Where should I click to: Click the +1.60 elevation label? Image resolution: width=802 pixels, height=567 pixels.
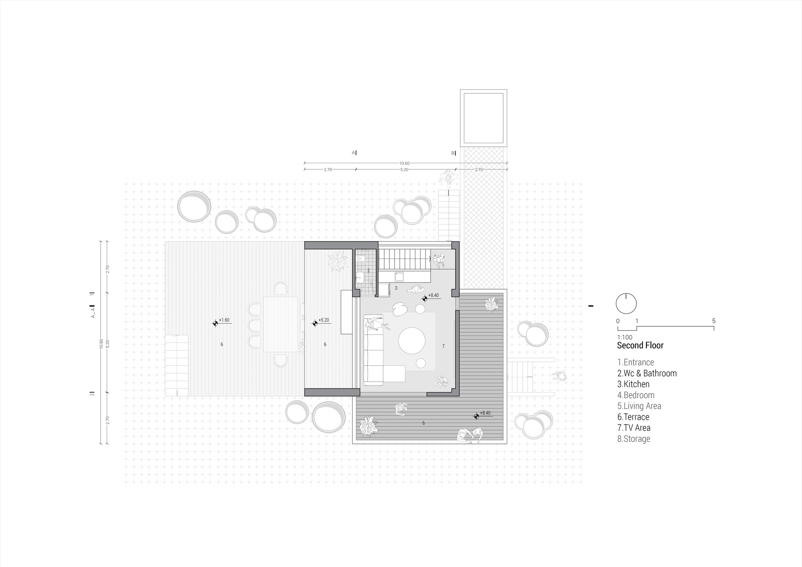pyautogui.click(x=224, y=320)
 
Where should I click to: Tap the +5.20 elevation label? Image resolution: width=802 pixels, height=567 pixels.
pyautogui.click(x=324, y=320)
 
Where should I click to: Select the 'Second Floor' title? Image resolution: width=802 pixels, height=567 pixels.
pyautogui.click(x=640, y=345)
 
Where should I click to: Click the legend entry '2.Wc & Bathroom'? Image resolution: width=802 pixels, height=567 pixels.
pyautogui.click(x=647, y=373)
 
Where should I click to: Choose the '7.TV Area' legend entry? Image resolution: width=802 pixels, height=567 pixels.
pyautogui.click(x=634, y=428)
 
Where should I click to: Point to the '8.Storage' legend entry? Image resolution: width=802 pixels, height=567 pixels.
pyautogui.click(x=634, y=439)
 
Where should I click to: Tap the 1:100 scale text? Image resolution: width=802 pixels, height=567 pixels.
pyautogui.click(x=625, y=337)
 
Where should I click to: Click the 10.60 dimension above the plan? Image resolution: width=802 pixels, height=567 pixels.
pyautogui.click(x=404, y=164)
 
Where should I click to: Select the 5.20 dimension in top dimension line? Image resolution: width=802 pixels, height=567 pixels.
pyautogui.click(x=404, y=170)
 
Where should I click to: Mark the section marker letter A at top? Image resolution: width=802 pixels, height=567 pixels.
pyautogui.click(x=353, y=153)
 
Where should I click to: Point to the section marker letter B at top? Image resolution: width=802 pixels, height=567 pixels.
pyautogui.click(x=453, y=153)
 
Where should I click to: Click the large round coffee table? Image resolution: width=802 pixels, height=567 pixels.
pyautogui.click(x=412, y=341)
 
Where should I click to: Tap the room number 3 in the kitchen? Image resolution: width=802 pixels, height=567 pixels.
pyautogui.click(x=396, y=288)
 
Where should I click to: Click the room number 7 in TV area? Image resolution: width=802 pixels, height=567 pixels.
pyautogui.click(x=443, y=346)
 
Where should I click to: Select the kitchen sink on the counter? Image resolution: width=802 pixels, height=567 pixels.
pyautogui.click(x=399, y=276)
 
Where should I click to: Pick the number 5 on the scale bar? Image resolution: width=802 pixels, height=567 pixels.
pyautogui.click(x=714, y=321)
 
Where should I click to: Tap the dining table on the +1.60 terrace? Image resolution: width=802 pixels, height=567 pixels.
pyautogui.click(x=281, y=324)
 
